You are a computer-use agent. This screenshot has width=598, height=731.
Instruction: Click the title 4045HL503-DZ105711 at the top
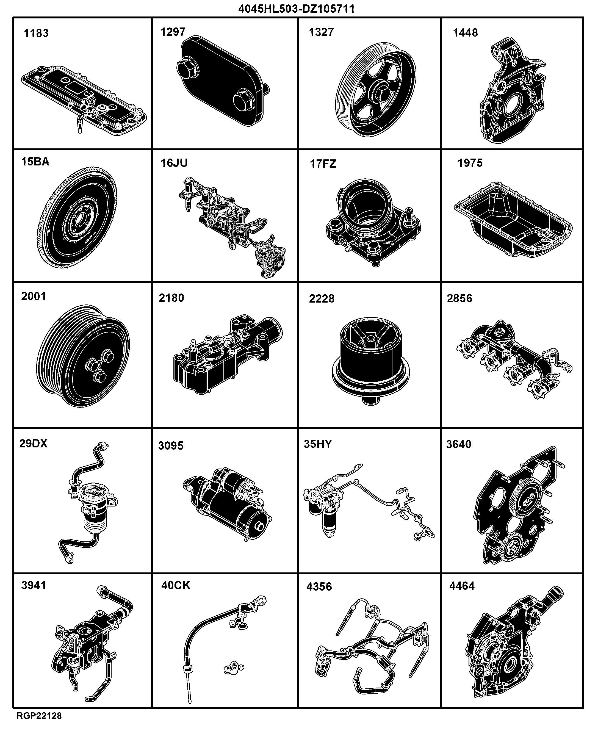(x=297, y=9)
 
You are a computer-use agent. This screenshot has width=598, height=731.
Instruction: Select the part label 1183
(x=36, y=34)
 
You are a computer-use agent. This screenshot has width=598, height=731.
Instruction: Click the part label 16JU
(x=174, y=163)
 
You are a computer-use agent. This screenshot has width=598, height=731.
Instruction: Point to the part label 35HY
(x=318, y=444)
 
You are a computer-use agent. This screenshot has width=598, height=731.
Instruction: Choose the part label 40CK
(x=176, y=585)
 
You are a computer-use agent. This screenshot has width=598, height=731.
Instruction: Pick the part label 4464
(x=462, y=586)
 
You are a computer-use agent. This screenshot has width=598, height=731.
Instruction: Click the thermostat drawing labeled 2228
(x=371, y=360)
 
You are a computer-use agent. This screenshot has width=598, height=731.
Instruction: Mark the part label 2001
(x=34, y=296)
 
